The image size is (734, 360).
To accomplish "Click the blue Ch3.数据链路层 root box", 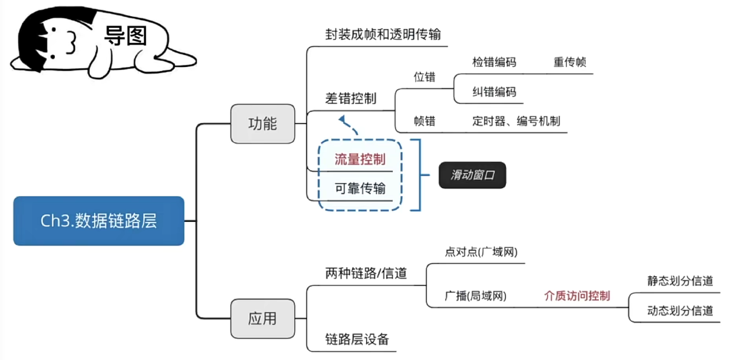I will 98,221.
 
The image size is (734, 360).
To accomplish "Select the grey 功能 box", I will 263,124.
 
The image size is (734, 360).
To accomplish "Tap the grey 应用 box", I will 263,318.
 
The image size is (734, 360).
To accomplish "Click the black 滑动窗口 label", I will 472,175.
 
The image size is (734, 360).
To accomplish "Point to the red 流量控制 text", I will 360,160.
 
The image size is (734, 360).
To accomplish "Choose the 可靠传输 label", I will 360,189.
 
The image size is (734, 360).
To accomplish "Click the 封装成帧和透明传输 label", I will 383,34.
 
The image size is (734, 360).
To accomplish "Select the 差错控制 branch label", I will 350,98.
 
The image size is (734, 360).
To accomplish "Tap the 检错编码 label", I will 494,63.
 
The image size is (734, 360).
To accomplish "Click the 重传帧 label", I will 570,63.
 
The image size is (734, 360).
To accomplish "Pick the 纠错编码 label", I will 494,92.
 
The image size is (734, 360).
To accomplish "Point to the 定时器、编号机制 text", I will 516,121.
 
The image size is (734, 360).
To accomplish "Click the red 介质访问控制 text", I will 577,295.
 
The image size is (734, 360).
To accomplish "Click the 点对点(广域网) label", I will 481,252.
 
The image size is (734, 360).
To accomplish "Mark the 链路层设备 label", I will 357,339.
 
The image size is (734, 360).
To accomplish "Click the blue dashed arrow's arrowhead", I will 343,119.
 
